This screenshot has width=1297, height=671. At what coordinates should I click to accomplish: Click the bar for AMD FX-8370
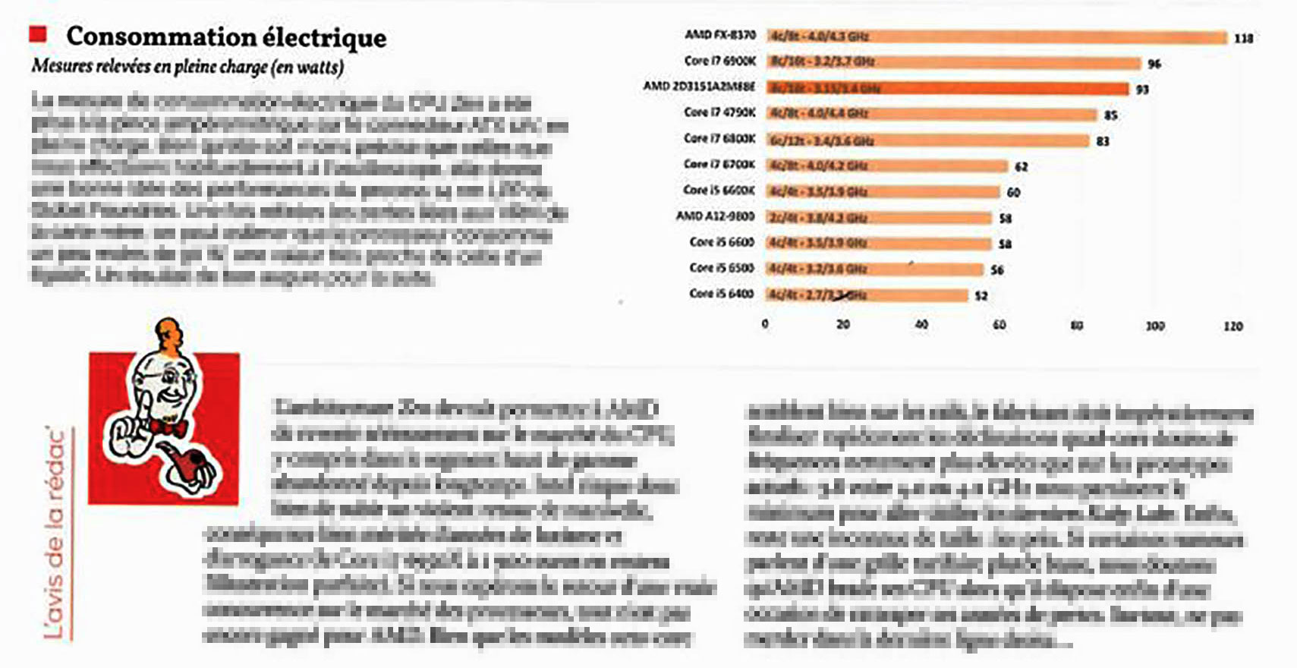tap(996, 36)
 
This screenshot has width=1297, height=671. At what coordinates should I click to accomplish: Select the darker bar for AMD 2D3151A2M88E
tap(947, 88)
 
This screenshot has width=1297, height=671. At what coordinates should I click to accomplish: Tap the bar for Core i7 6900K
tap(953, 62)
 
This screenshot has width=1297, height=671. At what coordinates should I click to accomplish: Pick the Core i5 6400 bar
tap(867, 295)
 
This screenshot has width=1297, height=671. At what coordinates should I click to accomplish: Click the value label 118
tap(1243, 38)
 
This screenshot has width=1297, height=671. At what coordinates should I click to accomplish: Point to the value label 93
tap(1142, 90)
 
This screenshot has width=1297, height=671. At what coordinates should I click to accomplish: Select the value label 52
tap(981, 295)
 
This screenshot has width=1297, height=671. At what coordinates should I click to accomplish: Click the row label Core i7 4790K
tap(719, 113)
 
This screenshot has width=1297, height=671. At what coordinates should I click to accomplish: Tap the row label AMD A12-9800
tap(716, 216)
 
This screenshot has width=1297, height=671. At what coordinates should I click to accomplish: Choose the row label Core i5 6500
tap(722, 268)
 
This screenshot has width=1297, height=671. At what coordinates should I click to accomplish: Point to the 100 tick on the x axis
tap(1154, 326)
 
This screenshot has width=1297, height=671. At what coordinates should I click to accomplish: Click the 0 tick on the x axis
tap(765, 324)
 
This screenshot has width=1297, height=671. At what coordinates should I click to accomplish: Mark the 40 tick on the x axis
tap(921, 324)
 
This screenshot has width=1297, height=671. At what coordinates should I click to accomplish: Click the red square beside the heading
tap(38, 33)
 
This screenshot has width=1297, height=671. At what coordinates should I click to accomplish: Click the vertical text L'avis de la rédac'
tap(55, 531)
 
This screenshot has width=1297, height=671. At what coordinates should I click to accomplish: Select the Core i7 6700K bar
tap(886, 165)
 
